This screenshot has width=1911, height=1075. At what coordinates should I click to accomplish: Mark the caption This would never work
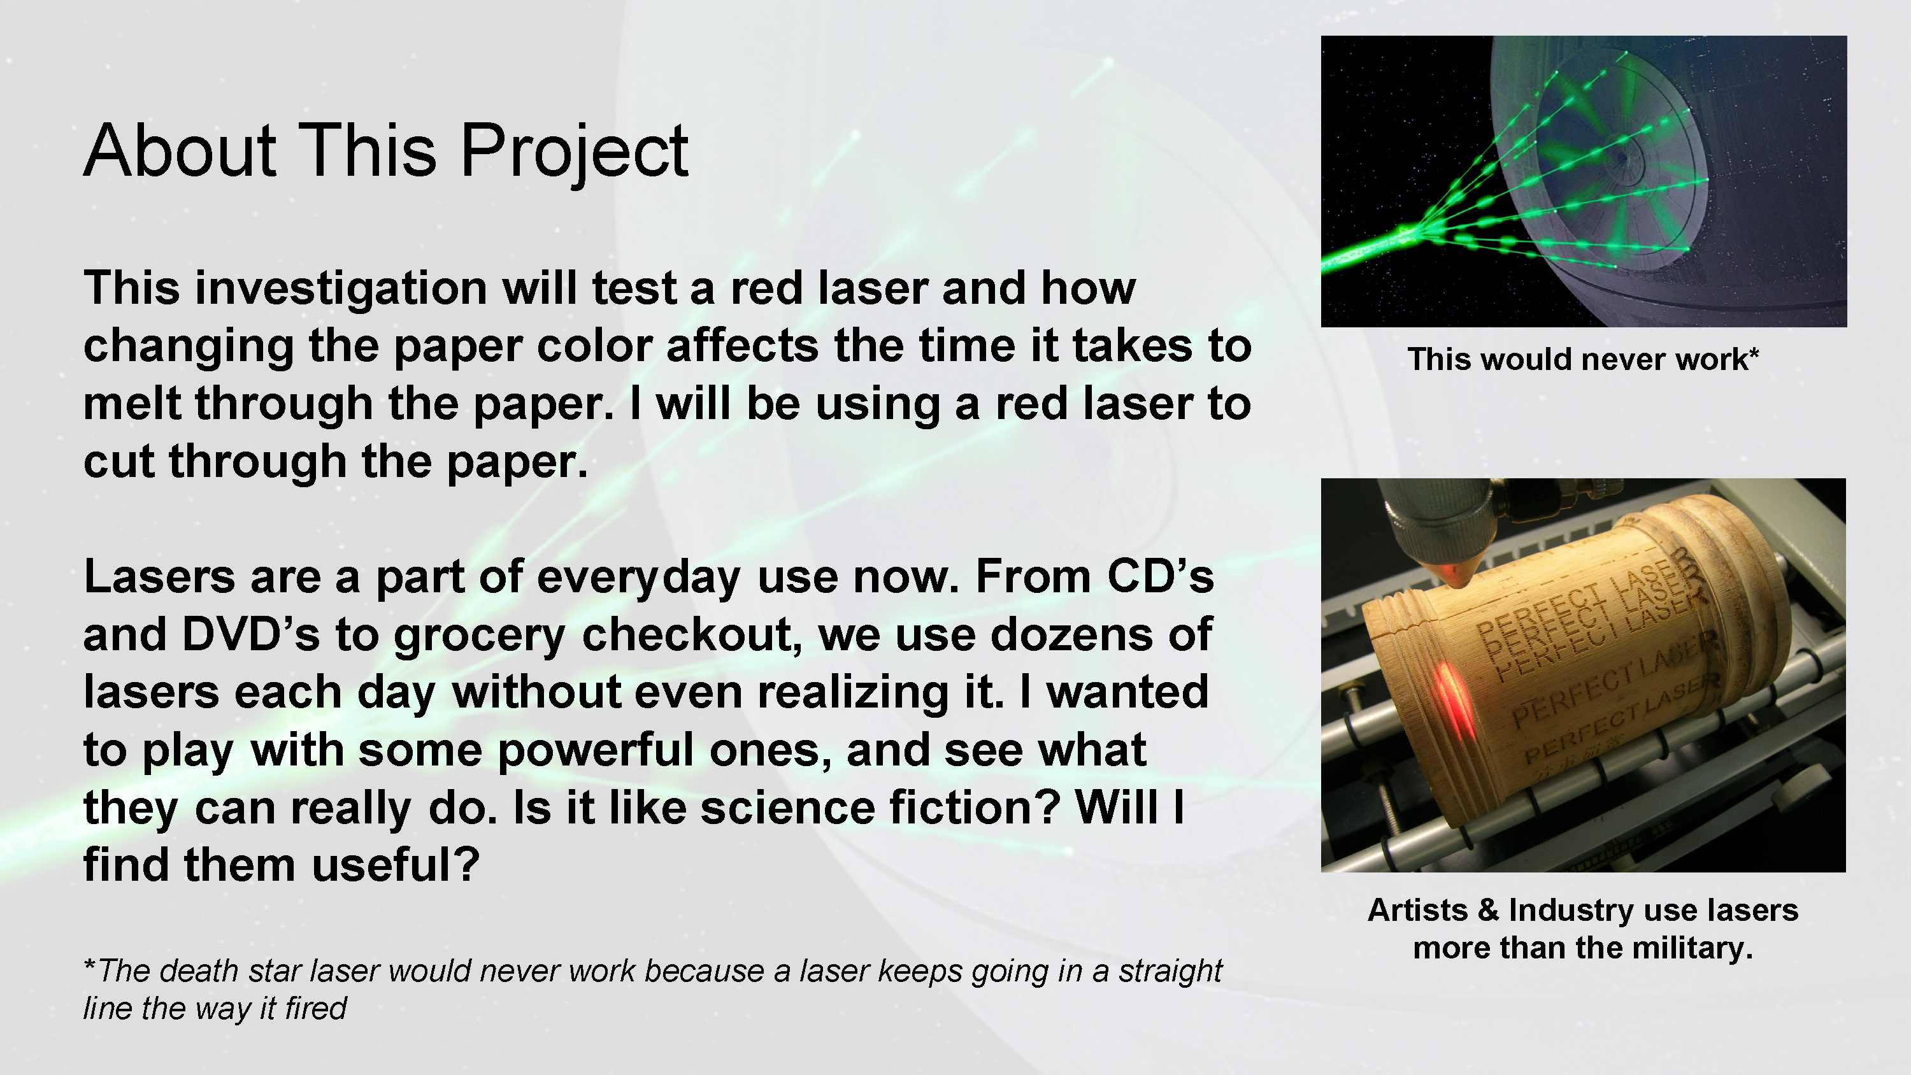[1583, 360]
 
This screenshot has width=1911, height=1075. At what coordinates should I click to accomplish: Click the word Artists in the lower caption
[1417, 909]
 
